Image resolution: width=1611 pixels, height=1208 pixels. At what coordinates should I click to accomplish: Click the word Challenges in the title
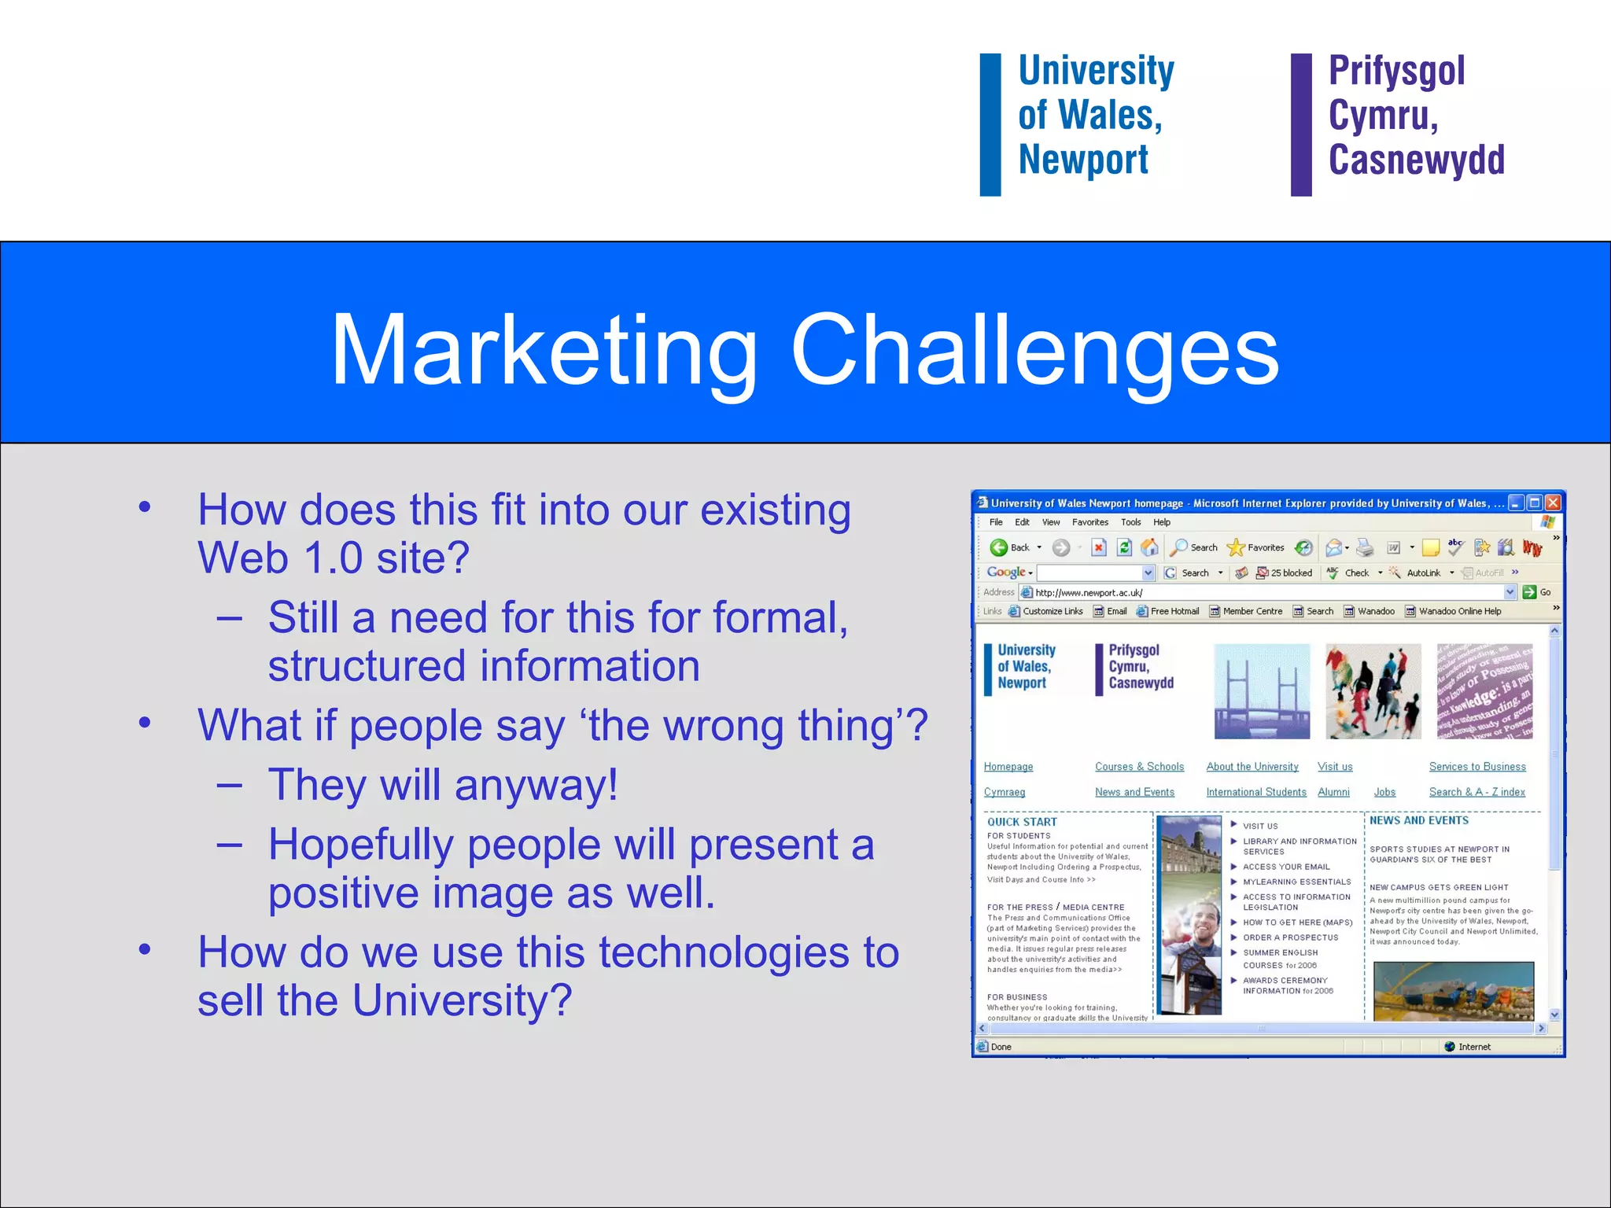click(1034, 350)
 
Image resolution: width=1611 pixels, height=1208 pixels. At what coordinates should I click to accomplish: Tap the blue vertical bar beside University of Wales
click(990, 124)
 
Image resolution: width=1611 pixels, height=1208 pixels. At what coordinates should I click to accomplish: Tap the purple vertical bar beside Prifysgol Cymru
click(1301, 124)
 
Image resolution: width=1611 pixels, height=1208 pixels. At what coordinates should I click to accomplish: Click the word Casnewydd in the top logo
click(1416, 160)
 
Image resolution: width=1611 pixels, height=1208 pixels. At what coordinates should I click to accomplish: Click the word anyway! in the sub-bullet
click(536, 786)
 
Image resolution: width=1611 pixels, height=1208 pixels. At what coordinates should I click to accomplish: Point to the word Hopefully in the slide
click(360, 845)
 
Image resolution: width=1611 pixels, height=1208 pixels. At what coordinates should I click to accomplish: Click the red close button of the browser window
click(1552, 503)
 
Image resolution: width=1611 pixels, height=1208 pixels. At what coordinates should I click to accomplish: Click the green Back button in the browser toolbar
click(999, 547)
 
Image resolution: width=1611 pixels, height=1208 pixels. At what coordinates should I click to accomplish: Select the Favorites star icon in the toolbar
click(1236, 547)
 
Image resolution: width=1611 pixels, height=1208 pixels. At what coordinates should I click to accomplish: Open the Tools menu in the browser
click(1130, 522)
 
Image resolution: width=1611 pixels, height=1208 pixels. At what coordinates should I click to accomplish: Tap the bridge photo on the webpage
click(1262, 691)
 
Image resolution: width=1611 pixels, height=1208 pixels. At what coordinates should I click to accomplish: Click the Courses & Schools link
click(1139, 767)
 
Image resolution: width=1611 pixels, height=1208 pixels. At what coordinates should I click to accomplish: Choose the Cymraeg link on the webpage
click(1004, 792)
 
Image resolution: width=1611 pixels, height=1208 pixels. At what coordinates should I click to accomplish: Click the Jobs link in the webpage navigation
click(1384, 792)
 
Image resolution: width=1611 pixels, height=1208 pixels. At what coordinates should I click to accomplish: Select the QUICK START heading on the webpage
click(1022, 822)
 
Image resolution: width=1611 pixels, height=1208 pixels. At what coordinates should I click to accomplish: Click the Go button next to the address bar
click(1536, 592)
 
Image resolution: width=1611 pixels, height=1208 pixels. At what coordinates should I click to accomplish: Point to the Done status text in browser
click(1001, 1047)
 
